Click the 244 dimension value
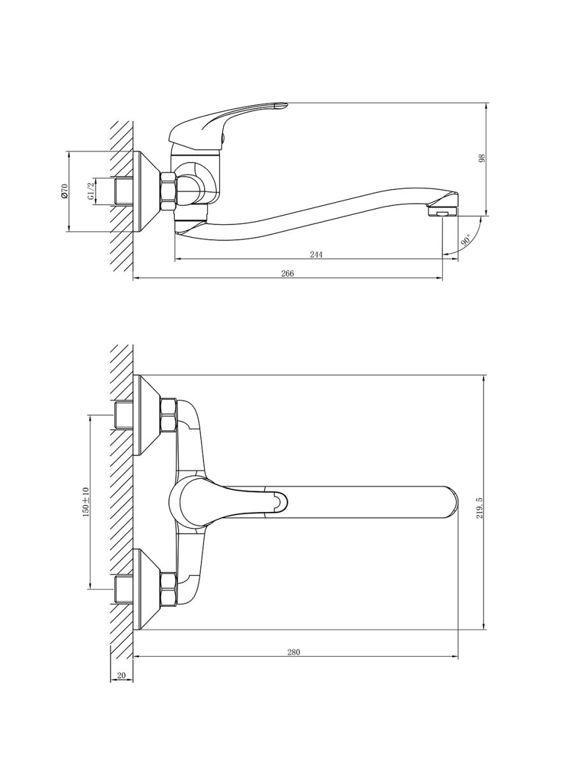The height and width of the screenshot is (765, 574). [x=316, y=254]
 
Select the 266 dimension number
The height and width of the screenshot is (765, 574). [x=288, y=273]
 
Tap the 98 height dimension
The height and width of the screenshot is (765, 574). [x=482, y=159]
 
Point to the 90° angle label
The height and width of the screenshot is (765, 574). [x=466, y=240]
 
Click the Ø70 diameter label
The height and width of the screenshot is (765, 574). [x=65, y=191]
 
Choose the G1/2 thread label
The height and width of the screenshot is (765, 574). [x=91, y=191]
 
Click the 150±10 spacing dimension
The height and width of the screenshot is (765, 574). [x=86, y=502]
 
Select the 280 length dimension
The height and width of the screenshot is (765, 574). [x=293, y=652]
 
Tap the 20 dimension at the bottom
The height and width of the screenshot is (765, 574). [x=121, y=675]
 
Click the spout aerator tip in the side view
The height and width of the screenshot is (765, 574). [x=442, y=211]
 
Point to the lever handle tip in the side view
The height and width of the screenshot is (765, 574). [x=282, y=105]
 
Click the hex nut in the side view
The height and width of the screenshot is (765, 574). [x=168, y=191]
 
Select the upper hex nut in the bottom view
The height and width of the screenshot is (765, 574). [x=168, y=415]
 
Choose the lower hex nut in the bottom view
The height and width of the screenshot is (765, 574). [x=168, y=589]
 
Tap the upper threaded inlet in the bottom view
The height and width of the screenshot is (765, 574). [x=124, y=415]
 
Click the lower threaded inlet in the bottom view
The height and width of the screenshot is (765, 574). [x=124, y=589]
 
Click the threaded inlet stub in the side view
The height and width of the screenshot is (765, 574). [x=124, y=191]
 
